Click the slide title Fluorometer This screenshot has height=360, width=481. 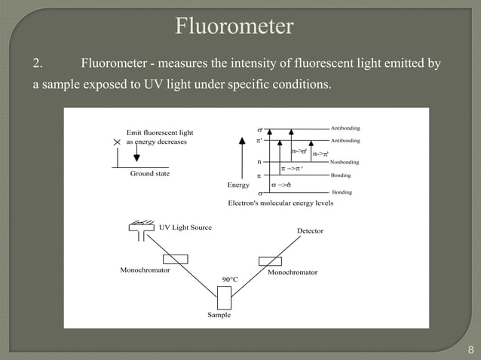(234, 28)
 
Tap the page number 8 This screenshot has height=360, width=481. (470, 349)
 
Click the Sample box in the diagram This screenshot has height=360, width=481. (225, 297)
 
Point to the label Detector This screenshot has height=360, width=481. (310, 230)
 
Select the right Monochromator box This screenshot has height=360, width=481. (270, 261)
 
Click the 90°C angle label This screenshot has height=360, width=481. (230, 279)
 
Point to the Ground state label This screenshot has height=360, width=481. (150, 174)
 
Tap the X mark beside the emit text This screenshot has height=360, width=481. (116, 142)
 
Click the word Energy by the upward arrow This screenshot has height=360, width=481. (238, 185)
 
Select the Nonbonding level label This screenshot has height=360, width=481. (345, 162)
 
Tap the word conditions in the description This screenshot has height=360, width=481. (304, 84)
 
